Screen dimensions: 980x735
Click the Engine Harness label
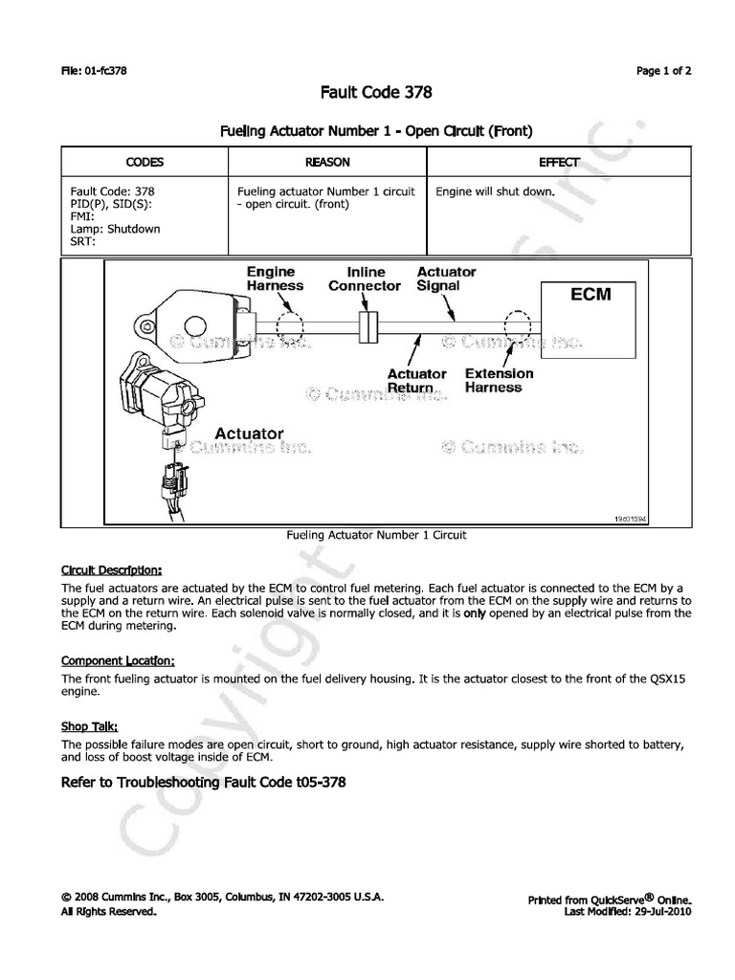[275, 278]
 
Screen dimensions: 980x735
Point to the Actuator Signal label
[446, 278]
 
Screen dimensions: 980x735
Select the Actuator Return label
[416, 381]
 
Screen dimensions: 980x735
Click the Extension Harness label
[499, 381]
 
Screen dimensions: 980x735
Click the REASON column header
[327, 163]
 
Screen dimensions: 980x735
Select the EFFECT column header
[558, 163]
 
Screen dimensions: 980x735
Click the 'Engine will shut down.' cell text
[496, 191]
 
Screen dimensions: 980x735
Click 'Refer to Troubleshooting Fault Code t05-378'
[203, 782]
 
